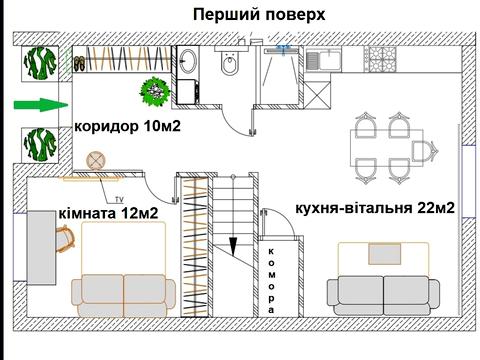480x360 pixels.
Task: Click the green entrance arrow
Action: (x=37, y=104)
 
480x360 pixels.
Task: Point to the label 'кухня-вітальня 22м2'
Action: (x=376, y=208)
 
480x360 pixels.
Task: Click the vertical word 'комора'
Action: (x=272, y=280)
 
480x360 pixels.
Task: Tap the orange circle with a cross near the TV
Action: (x=97, y=160)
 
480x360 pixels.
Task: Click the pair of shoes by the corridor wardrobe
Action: (x=79, y=64)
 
